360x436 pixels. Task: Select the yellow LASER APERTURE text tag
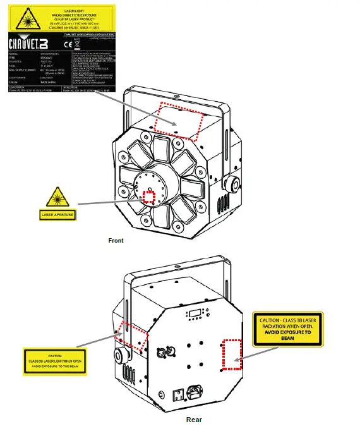pyautogui.click(x=57, y=215)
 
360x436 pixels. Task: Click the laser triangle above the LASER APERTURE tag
pyautogui.click(x=57, y=198)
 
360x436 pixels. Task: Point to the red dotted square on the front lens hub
pyautogui.click(x=149, y=197)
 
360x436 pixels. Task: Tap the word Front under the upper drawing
pyautogui.click(x=116, y=241)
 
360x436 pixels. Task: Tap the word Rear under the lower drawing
pyautogui.click(x=194, y=419)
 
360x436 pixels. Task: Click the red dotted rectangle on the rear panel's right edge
pyautogui.click(x=232, y=355)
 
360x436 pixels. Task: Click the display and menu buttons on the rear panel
pyautogui.click(x=195, y=315)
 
